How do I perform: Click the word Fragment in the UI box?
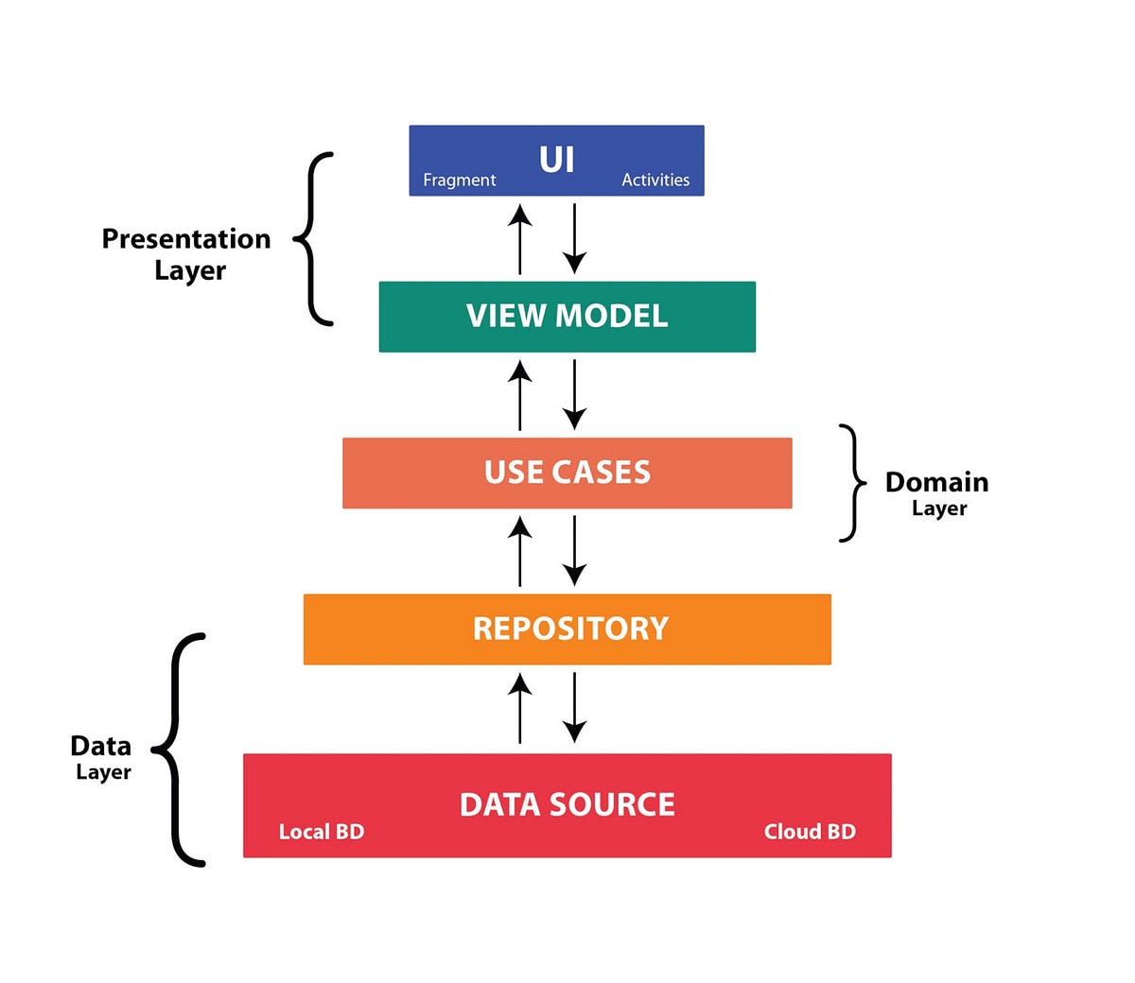tap(459, 180)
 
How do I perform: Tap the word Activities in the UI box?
tap(655, 180)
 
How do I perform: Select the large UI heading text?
tap(556, 159)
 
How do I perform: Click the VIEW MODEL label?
tap(567, 316)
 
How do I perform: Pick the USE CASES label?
tap(567, 472)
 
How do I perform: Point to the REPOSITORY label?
tap(570, 629)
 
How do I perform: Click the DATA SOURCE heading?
tap(567, 804)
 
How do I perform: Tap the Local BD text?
tap(321, 832)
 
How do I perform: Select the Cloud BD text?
tap(810, 832)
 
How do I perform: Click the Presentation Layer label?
tap(187, 253)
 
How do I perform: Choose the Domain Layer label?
tap(936, 492)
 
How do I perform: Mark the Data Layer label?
tap(101, 757)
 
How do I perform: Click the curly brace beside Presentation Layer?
tap(315, 238)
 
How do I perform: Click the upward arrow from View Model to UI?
tap(519, 238)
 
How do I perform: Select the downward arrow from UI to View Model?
tap(574, 238)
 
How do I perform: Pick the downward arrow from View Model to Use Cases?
tap(574, 394)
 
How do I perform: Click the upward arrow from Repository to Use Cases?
tap(519, 550)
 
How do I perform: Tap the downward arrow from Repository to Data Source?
tap(574, 707)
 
